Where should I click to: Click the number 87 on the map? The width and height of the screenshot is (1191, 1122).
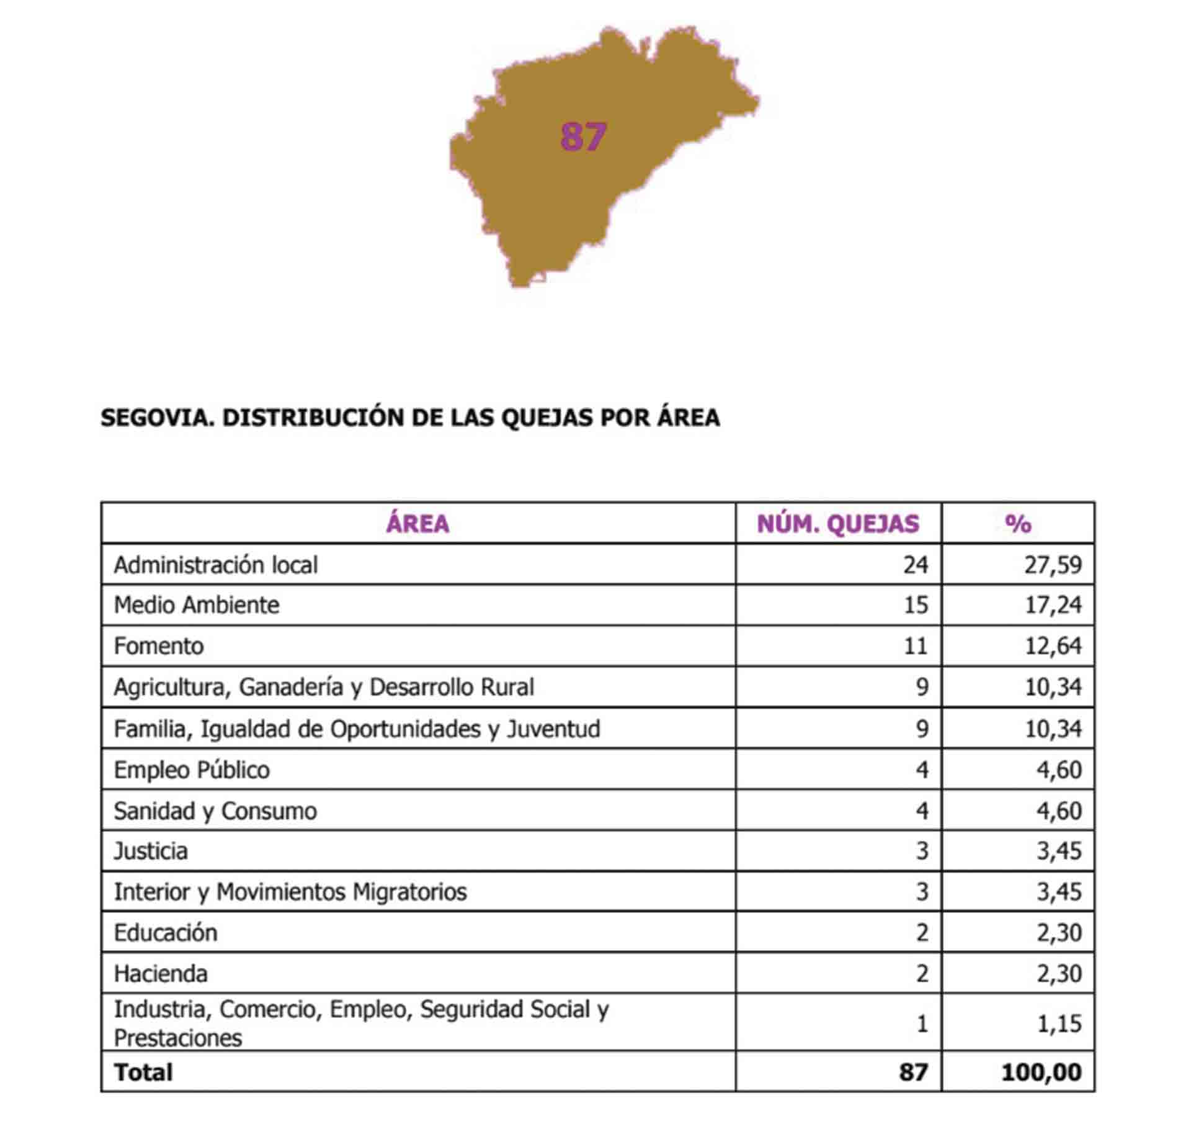582,137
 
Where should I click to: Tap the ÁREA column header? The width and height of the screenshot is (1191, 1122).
417,524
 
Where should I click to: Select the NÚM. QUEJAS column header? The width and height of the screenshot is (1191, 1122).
837,524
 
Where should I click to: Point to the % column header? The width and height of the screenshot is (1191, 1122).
1017,524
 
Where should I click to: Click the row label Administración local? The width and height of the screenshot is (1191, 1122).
215,565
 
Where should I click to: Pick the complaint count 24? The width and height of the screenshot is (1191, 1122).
915,565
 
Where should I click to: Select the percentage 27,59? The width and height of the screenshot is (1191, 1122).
1053,565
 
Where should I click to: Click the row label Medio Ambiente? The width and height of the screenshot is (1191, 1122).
197,604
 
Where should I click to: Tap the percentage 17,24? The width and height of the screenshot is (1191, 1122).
1053,604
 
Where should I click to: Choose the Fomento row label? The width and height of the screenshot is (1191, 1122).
159,646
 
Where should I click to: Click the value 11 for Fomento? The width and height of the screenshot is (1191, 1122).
915,646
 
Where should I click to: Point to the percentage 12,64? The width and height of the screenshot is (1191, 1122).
1053,646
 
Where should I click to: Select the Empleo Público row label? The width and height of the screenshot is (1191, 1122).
192,770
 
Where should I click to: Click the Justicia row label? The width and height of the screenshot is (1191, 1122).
151,851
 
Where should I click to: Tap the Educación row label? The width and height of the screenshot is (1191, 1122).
166,933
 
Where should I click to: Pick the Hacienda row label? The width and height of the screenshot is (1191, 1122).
161,974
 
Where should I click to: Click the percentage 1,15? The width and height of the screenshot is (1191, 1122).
1059,1024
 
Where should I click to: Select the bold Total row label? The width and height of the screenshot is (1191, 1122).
143,1072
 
